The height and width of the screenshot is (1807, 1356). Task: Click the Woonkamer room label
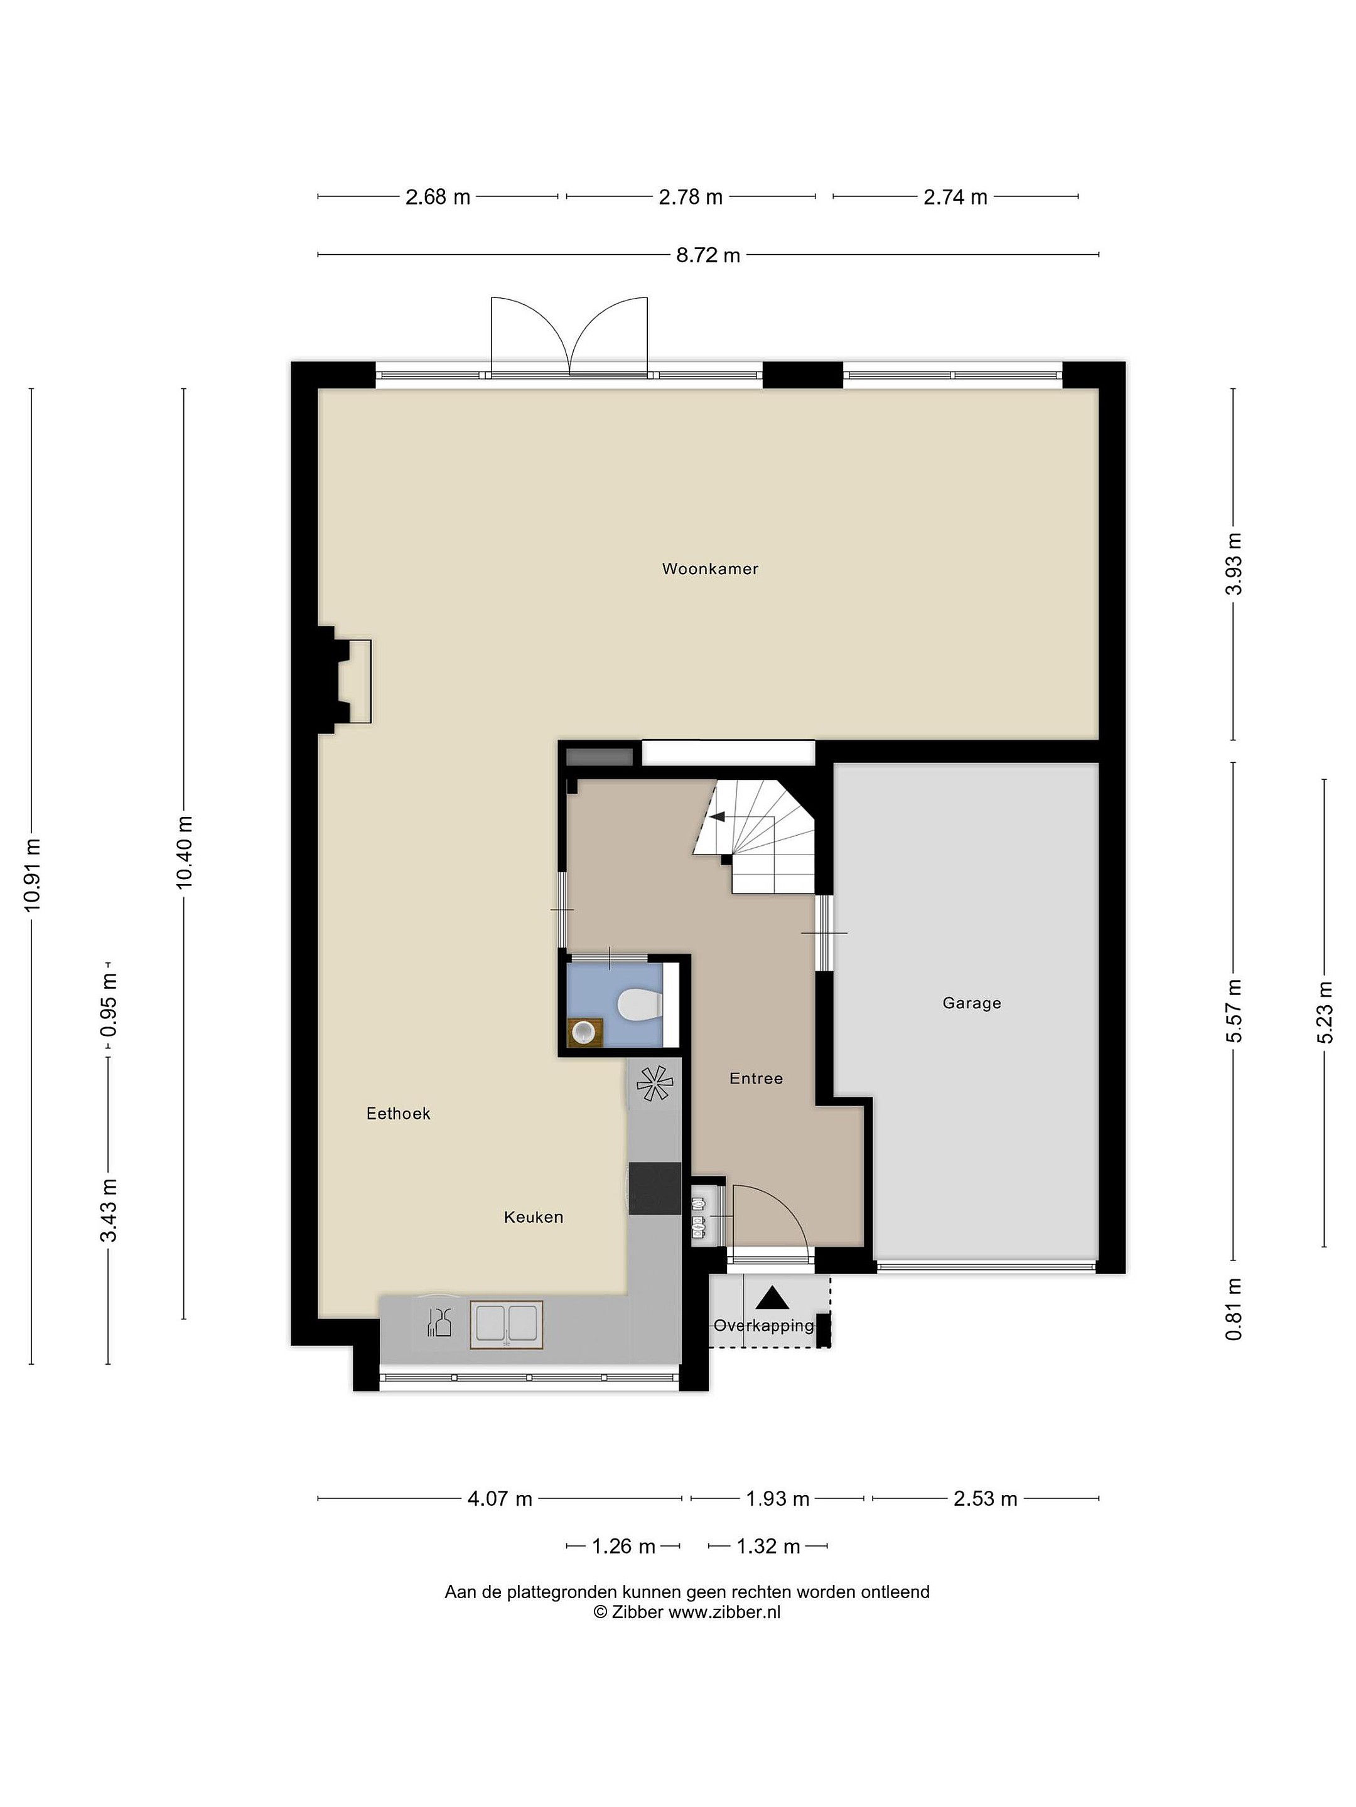709,569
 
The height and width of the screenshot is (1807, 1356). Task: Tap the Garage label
971,1003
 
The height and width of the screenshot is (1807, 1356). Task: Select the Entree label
756,1079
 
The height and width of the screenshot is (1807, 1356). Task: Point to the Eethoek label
398,1114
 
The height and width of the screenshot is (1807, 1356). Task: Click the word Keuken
533,1217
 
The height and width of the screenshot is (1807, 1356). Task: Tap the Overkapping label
764,1326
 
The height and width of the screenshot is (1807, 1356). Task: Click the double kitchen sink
506,1325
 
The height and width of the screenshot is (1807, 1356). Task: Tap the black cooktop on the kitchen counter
655,1188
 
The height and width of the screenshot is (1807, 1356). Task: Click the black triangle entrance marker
772,1298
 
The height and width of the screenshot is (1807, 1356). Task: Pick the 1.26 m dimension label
623,1547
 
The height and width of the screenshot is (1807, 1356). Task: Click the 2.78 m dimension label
691,197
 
